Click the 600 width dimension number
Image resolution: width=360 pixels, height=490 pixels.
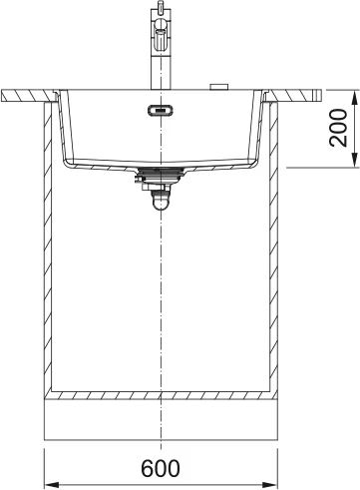pos(161,468)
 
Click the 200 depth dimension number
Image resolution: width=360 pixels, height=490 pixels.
pos(338,128)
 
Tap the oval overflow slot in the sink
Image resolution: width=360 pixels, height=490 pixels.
pos(161,110)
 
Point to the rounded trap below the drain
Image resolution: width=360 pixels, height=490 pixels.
pos(161,203)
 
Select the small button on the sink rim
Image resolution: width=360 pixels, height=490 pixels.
pos(218,87)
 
